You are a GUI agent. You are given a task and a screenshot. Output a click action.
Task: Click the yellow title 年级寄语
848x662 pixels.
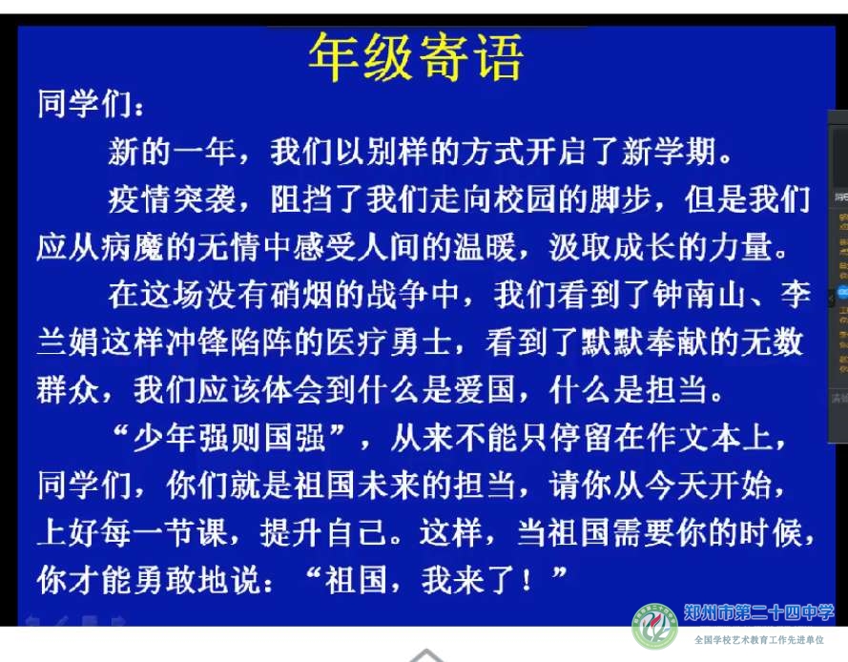tap(415, 57)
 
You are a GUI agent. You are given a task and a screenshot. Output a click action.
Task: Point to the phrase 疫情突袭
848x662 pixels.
tap(172, 198)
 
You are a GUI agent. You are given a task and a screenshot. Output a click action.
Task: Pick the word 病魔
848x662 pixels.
tap(133, 247)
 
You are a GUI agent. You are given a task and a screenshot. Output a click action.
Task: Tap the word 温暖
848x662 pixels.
tap(485, 247)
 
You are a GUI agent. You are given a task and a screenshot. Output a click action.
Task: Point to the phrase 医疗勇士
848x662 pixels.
tap(388, 342)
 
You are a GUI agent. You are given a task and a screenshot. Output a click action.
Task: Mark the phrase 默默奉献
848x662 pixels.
tap(644, 342)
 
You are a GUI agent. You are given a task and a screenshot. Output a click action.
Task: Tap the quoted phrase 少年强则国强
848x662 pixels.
tap(229, 438)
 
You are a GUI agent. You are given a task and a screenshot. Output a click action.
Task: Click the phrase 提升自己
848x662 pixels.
tap(323, 532)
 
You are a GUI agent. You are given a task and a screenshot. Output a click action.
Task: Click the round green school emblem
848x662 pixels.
tap(654, 627)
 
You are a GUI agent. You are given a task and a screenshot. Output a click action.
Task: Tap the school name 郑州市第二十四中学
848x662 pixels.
tap(758, 612)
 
